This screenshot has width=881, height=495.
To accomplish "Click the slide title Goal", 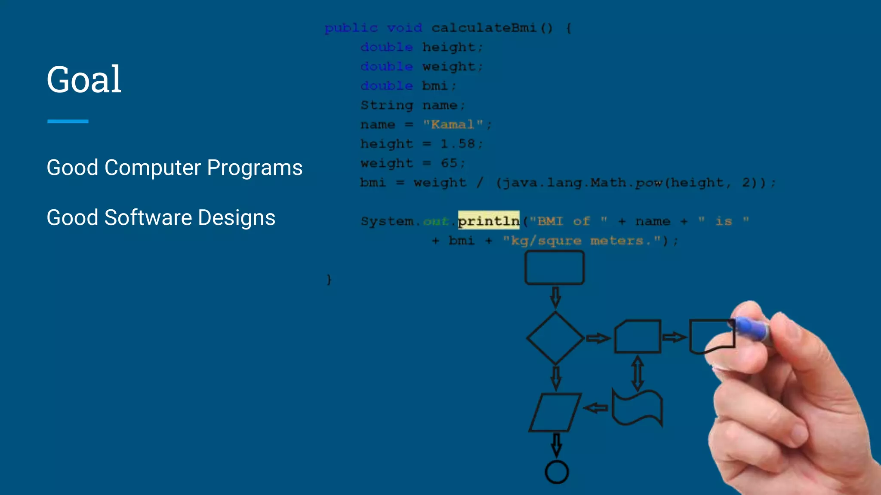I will click(x=84, y=79).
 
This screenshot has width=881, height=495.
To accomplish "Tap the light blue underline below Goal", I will click(x=68, y=122).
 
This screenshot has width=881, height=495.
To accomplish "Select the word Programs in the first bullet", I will click(x=255, y=168).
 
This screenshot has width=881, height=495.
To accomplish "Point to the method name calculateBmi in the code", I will click(x=484, y=28).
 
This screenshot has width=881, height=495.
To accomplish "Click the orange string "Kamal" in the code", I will click(x=453, y=125).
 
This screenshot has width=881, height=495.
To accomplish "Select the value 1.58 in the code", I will click(x=458, y=144).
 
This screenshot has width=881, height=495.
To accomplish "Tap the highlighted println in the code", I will click(x=489, y=221).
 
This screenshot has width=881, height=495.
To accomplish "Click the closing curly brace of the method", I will click(x=329, y=280).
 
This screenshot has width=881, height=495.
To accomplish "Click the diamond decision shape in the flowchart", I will click(x=555, y=338).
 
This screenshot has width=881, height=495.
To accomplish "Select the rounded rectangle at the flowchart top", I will click(x=554, y=268).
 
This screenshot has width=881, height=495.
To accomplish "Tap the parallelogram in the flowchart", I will click(x=555, y=412).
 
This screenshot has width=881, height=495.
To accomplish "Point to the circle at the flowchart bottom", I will click(x=557, y=472).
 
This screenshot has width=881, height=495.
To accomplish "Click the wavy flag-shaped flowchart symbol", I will click(x=637, y=408).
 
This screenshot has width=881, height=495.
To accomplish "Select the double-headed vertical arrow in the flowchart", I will click(x=638, y=372).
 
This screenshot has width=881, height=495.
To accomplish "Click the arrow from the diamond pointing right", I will click(x=598, y=339).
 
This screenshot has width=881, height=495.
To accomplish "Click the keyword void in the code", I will click(x=404, y=28).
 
